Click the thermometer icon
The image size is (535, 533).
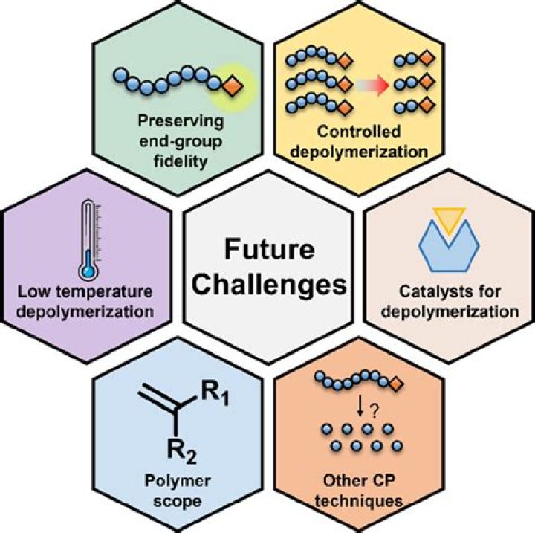tap(88, 238)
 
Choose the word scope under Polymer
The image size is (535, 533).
tap(177, 500)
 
